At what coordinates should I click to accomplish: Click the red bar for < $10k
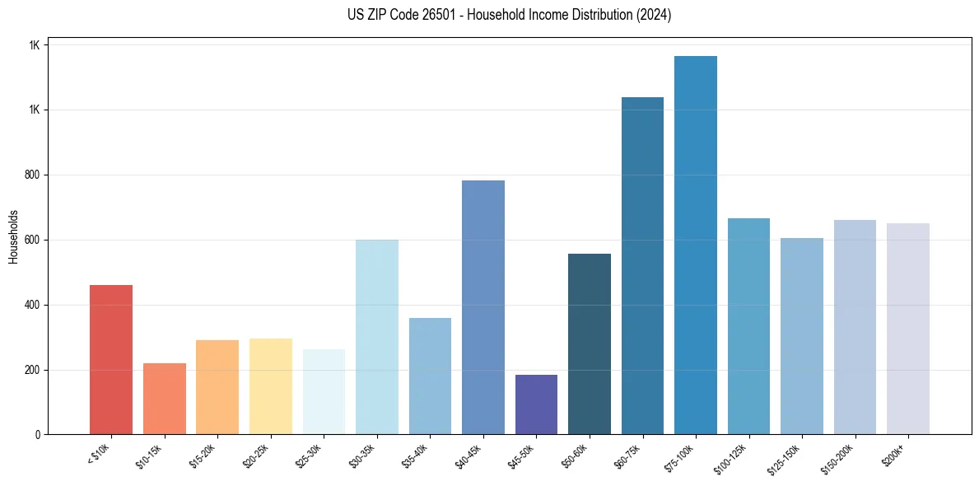click(x=110, y=359)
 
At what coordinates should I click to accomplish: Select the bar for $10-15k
click(x=164, y=399)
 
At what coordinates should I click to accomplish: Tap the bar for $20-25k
click(x=270, y=386)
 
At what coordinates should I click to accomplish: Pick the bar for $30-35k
click(x=376, y=337)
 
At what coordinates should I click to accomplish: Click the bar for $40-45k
click(x=483, y=307)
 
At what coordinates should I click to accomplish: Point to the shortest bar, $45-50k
click(x=536, y=404)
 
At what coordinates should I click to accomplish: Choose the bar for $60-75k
click(x=642, y=265)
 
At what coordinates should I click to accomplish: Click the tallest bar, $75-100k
click(x=695, y=245)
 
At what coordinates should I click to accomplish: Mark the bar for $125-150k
click(x=801, y=336)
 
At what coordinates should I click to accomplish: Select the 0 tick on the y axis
click(x=37, y=435)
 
